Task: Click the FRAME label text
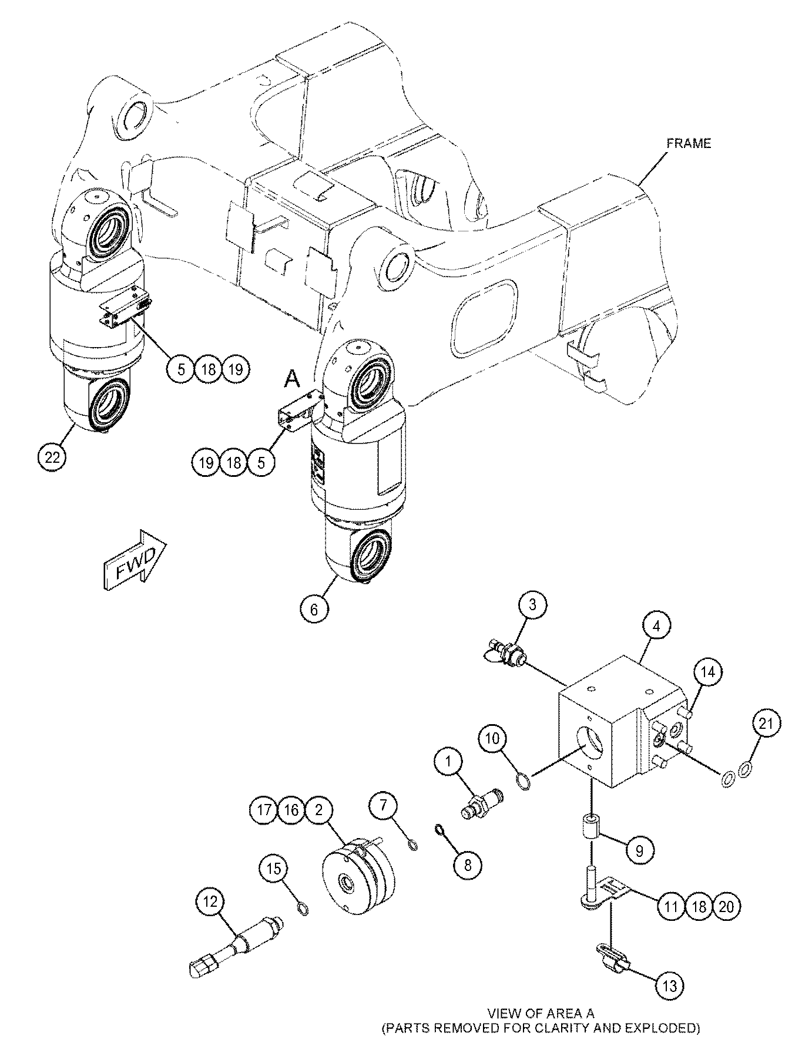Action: [688, 143]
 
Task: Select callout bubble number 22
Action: [52, 457]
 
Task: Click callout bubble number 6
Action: [314, 609]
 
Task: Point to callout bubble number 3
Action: [532, 605]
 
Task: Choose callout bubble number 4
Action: [656, 627]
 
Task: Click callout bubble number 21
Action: [766, 724]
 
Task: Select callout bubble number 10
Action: [492, 739]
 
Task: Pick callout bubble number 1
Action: [449, 762]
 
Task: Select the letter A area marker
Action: [292, 381]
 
